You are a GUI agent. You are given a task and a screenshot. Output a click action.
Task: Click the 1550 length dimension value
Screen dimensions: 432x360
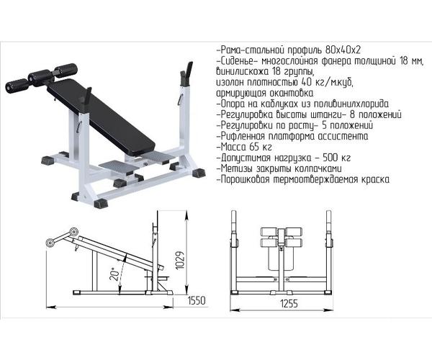(197, 300)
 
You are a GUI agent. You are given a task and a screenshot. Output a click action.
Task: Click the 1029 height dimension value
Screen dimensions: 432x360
(180, 261)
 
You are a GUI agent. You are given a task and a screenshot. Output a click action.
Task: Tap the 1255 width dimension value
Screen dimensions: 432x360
(289, 304)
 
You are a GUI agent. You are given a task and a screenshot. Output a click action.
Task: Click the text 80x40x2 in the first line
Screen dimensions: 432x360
(343, 50)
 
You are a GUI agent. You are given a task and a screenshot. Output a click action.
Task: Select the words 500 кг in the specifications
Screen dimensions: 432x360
(337, 158)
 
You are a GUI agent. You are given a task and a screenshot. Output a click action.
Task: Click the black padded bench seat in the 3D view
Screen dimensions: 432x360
(101, 116)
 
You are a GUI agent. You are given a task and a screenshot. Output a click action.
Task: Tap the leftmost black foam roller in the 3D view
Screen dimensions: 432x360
(17, 86)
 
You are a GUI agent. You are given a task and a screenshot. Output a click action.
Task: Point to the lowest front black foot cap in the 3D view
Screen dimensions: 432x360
(101, 203)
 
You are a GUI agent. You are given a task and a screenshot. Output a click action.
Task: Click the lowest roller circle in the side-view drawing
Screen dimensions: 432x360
(50, 243)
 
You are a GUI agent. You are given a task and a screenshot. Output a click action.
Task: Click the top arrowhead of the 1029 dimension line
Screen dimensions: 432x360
(186, 215)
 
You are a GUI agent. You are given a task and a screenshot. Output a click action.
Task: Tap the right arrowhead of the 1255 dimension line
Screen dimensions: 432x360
(329, 310)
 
